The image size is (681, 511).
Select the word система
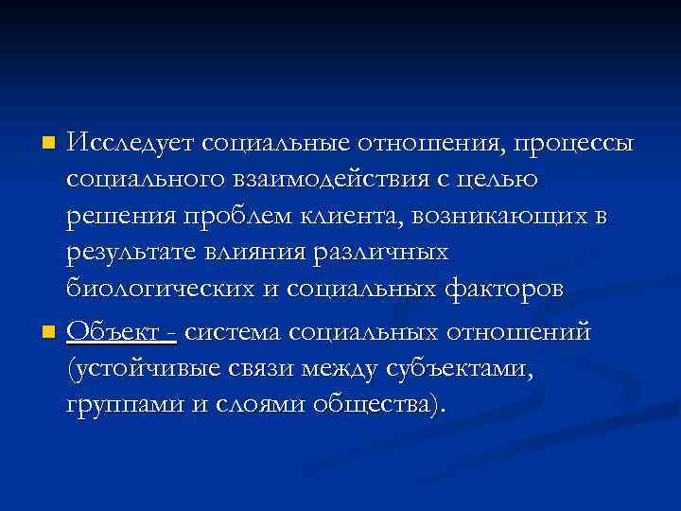coord(236,332)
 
